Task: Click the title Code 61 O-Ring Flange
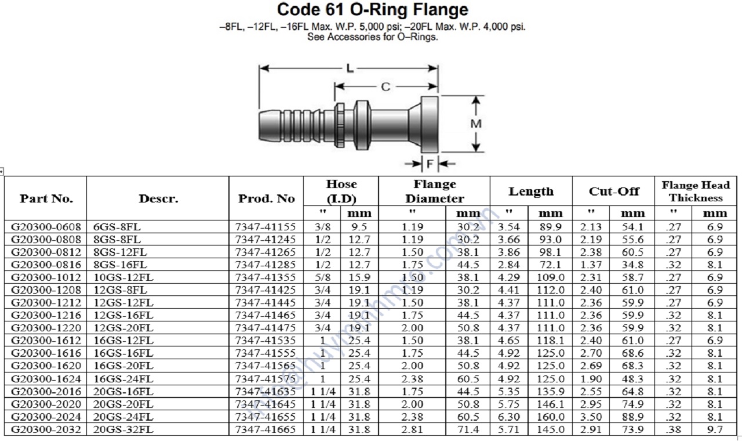point(373,9)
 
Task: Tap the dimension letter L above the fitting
point(350,68)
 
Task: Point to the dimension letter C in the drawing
point(385,87)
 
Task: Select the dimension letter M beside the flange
point(476,124)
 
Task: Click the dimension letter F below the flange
point(430,164)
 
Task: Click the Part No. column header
point(46,198)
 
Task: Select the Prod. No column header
point(266,198)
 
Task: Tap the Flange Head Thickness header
point(696,191)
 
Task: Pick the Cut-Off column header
point(614,191)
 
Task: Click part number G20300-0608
point(46,227)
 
